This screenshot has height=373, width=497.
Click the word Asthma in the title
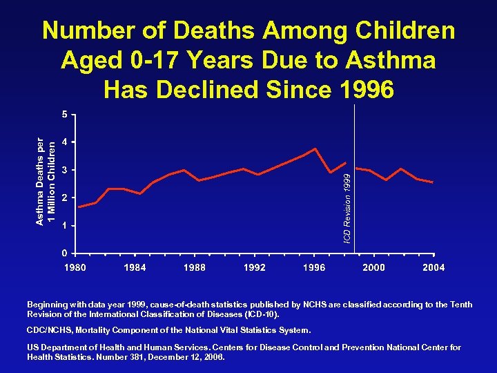tap(393, 60)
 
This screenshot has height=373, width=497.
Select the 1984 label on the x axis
tap(135, 267)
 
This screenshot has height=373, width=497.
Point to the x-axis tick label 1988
tap(195, 267)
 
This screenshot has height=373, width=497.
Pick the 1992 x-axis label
tap(255, 267)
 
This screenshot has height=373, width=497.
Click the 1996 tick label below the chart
tap(315, 267)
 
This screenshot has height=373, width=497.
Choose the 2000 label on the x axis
tap(374, 267)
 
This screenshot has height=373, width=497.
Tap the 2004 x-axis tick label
tap(433, 267)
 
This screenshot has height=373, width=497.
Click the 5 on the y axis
tap(64, 114)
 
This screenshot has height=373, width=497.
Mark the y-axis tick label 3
tap(64, 170)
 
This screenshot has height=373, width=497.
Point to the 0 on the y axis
tap(64, 253)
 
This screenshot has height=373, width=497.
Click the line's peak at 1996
tap(315, 149)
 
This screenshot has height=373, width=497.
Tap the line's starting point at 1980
tap(79, 207)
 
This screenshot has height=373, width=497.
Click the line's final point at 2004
tap(432, 182)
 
